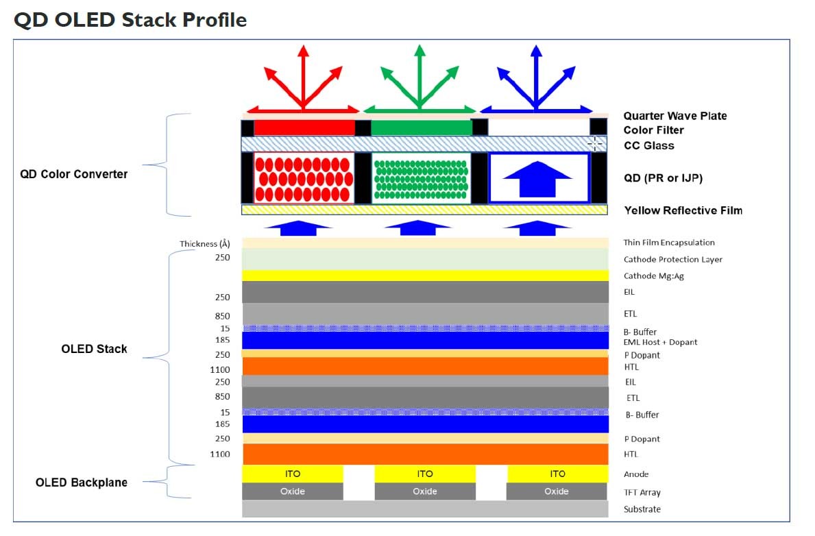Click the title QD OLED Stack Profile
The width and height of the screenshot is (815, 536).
[x=130, y=20]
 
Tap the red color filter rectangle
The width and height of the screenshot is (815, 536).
[x=304, y=127]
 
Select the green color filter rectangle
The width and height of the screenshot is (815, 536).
[x=421, y=127]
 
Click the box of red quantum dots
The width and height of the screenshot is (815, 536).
[x=304, y=178]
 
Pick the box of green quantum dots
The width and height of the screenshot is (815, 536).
[x=421, y=178]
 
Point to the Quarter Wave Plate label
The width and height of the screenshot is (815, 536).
[x=674, y=116]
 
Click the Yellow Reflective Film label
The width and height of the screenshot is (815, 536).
[x=683, y=210]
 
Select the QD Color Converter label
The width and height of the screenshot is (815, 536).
[x=73, y=174]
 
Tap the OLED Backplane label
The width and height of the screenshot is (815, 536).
[x=81, y=483]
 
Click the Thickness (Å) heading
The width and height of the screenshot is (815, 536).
[x=204, y=244]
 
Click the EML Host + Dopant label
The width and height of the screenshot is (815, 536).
[x=660, y=342]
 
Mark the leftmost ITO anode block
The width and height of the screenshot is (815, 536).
[x=292, y=474]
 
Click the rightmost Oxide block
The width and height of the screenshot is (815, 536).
[x=556, y=491]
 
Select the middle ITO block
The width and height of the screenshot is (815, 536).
[x=424, y=474]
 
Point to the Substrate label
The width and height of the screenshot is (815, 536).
[x=642, y=509]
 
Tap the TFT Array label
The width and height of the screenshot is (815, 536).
[x=642, y=492]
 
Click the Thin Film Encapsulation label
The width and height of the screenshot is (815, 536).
[x=669, y=243]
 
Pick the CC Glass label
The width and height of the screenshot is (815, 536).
[x=648, y=145]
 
